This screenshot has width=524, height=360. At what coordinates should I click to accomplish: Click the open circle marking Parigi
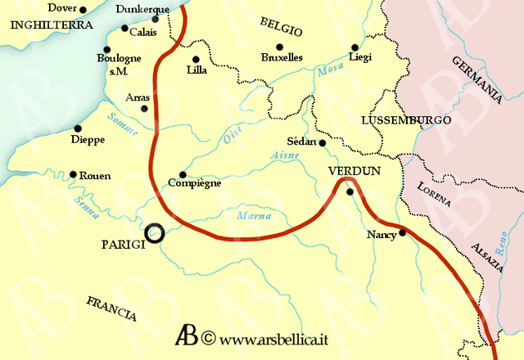[153, 234]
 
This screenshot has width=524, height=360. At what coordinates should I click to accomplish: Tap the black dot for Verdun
[350, 192]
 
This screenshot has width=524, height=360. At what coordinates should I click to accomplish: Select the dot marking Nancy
[402, 232]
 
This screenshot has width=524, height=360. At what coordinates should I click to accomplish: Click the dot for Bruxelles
[279, 47]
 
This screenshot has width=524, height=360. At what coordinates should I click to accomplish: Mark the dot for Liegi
[355, 47]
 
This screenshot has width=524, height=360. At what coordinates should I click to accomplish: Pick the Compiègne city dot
[182, 174]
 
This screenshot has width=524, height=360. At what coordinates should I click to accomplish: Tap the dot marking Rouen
[74, 174]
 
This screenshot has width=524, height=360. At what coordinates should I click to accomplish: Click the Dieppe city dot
[78, 128]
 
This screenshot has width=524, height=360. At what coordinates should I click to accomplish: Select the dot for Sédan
[323, 143]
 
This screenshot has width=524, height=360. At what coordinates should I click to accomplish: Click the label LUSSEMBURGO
[405, 120]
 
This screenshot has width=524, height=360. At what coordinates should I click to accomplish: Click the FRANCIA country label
[111, 308]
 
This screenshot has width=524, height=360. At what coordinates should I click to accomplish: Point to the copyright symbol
[208, 337]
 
